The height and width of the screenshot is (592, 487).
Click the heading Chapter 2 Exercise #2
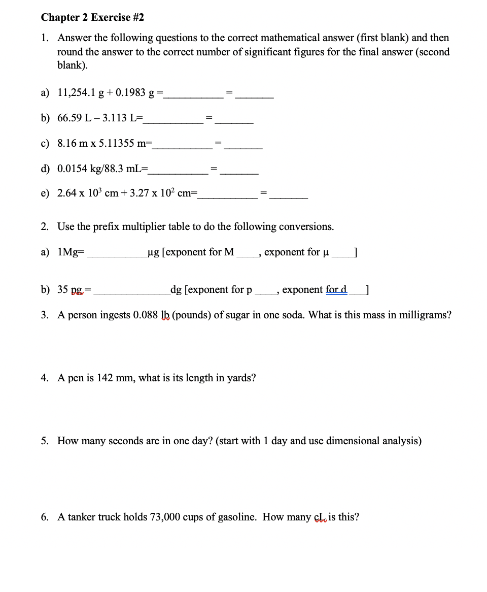point(92,17)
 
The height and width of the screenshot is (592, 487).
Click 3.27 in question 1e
point(140,194)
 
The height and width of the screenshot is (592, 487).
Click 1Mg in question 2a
point(69,252)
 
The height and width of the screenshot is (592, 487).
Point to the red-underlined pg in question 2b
point(77,290)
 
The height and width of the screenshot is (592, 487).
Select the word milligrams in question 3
point(425,315)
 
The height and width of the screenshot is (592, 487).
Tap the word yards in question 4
point(240,378)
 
